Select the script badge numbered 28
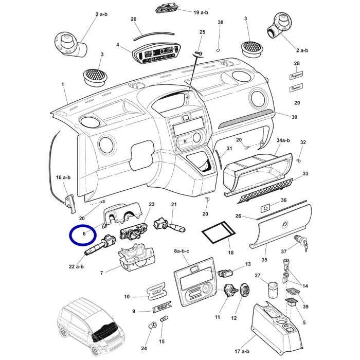click(x=296, y=76)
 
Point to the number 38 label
click(x=221, y=23)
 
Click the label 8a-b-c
click(x=182, y=251)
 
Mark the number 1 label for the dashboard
click(x=63, y=84)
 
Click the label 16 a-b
click(x=63, y=177)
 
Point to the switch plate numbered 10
click(x=157, y=293)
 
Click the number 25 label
click(x=202, y=32)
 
